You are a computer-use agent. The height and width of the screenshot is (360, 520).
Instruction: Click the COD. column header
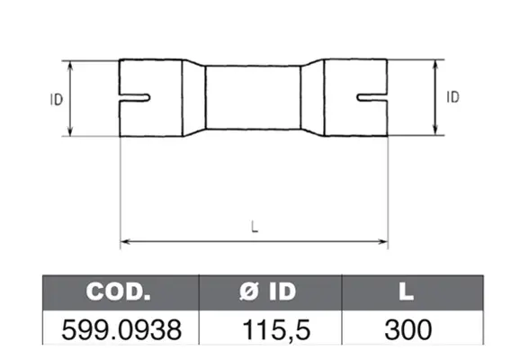tap(118, 292)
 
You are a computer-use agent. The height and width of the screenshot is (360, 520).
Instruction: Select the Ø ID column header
tap(267, 292)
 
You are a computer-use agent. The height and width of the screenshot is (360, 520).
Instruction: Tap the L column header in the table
tap(407, 292)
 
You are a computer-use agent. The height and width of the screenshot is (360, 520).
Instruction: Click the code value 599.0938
tap(121, 329)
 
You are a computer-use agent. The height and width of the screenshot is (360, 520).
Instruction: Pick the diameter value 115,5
tap(276, 329)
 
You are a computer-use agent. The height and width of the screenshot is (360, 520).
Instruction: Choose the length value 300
tap(408, 329)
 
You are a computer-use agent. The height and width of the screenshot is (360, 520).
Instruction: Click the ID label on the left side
tap(57, 100)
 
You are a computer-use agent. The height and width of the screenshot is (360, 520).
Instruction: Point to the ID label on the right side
tap(453, 97)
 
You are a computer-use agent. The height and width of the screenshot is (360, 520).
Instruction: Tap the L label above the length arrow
tap(255, 227)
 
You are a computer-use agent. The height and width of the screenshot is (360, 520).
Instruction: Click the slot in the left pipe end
tap(135, 98)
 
